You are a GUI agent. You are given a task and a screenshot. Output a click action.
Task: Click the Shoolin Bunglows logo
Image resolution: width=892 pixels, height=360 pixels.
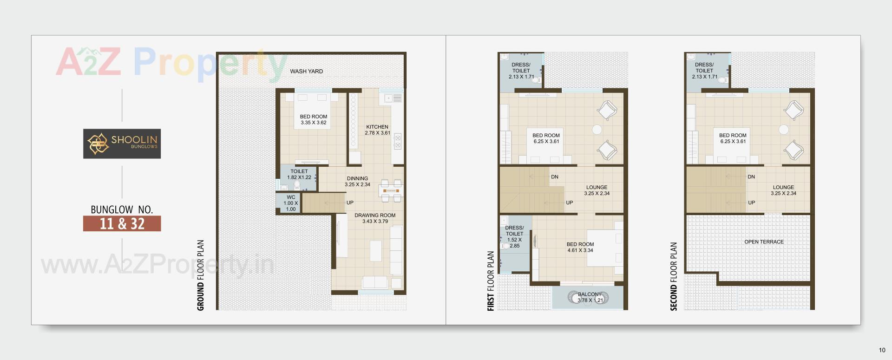tap(122, 144)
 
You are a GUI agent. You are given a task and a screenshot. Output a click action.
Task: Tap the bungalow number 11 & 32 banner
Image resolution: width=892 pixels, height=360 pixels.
tap(122, 223)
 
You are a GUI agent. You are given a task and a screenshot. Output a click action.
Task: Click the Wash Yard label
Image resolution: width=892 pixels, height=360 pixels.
tap(306, 72)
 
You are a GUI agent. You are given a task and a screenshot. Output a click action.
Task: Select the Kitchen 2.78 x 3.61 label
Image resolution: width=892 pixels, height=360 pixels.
tap(377, 130)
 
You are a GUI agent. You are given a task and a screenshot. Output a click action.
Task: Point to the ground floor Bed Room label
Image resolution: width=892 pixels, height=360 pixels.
tap(313, 120)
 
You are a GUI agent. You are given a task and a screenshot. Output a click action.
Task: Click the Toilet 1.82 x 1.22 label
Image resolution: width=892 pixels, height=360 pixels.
tap(299, 174)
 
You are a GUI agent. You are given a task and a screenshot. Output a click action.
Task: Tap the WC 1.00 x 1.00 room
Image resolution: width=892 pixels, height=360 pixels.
tap(291, 203)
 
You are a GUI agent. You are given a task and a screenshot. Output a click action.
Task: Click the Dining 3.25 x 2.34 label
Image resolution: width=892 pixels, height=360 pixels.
tap(357, 182)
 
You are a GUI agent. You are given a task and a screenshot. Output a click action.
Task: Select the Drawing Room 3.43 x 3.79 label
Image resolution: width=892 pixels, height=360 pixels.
tap(375, 218)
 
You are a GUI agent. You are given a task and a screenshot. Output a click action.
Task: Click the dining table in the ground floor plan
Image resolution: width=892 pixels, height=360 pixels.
tap(391, 191)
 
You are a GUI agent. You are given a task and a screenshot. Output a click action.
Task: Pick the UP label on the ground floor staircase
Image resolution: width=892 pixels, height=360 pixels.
tap(350, 203)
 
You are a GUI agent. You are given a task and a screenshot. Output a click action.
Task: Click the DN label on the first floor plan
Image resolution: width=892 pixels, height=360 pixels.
tap(555, 177)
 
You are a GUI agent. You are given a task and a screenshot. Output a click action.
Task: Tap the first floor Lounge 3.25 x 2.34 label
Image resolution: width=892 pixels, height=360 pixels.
tap(597, 190)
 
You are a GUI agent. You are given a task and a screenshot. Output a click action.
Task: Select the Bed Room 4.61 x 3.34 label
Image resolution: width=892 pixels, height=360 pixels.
tap(580, 247)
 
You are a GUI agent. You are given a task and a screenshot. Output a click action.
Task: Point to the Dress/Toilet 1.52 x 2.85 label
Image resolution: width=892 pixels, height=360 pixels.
tap(514, 237)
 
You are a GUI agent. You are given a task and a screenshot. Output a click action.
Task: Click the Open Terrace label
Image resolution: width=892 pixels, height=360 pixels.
tap(764, 242)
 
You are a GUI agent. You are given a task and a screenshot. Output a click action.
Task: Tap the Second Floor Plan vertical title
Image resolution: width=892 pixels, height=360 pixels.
tap(674, 276)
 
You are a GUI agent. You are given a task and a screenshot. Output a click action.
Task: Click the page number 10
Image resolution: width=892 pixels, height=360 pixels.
tap(882, 350)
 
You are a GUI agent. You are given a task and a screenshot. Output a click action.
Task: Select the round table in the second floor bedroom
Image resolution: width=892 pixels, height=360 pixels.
tap(784, 130)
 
